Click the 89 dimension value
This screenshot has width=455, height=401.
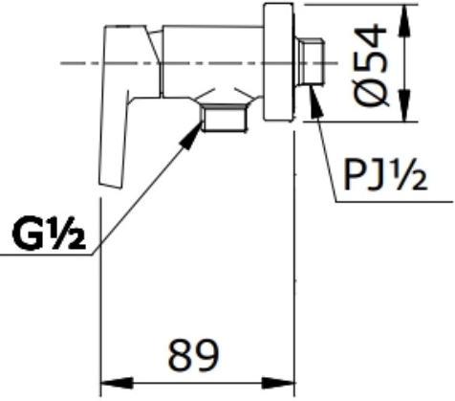click(194, 355)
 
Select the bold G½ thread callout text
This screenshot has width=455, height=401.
click(49, 233)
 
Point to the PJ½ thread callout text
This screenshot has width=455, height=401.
click(385, 176)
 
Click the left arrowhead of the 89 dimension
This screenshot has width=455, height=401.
click(117, 383)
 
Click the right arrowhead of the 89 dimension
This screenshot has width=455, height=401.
click(278, 383)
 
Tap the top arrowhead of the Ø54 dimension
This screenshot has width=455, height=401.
click(404, 20)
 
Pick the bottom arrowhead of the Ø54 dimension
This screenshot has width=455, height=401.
click(404, 105)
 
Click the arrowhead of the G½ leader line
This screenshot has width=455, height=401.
click(191, 135)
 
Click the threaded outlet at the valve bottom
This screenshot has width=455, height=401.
click(224, 118)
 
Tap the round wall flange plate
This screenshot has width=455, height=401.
click(278, 62)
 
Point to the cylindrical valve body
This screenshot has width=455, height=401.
click(211, 61)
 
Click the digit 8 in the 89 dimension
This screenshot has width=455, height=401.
click(180, 355)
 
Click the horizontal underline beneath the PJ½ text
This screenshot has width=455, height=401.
click(395, 202)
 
